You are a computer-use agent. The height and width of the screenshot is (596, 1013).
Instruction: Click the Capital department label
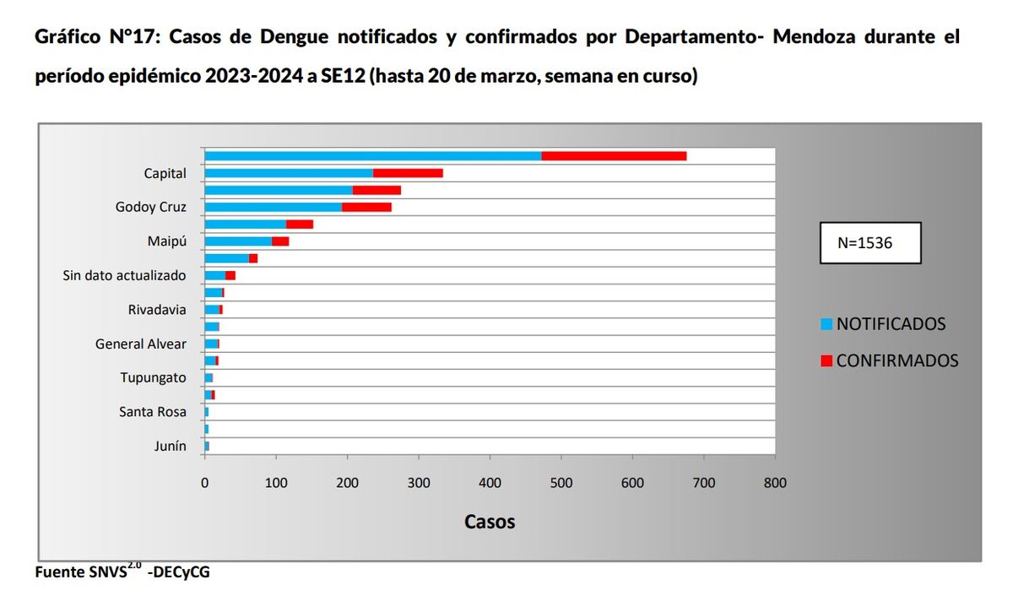click(x=165, y=173)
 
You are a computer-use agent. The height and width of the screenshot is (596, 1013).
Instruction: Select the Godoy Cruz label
click(x=151, y=207)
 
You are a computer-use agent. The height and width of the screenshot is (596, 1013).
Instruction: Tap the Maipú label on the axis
click(x=166, y=241)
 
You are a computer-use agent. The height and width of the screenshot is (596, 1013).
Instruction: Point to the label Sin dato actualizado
click(x=125, y=275)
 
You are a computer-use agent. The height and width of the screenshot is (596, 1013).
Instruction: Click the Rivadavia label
click(x=157, y=310)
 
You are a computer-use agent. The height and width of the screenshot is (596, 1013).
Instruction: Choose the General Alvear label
click(x=141, y=344)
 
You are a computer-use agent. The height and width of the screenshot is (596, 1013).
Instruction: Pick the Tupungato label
click(x=153, y=377)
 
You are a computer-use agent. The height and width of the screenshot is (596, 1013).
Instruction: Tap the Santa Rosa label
click(x=153, y=412)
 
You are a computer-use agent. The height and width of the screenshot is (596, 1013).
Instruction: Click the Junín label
click(x=170, y=447)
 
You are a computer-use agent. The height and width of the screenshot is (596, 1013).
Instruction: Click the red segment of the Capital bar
click(x=408, y=173)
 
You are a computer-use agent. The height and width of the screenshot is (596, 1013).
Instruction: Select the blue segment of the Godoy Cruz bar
click(x=273, y=207)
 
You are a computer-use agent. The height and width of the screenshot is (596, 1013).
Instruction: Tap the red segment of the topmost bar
click(x=614, y=155)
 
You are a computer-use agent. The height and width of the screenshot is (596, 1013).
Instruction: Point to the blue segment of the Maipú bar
click(x=238, y=241)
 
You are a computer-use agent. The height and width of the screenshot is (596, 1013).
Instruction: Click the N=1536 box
click(x=869, y=243)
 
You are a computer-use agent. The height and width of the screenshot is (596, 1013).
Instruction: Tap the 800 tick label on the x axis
click(x=775, y=483)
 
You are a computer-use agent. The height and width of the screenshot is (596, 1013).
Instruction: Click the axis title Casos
click(x=490, y=521)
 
